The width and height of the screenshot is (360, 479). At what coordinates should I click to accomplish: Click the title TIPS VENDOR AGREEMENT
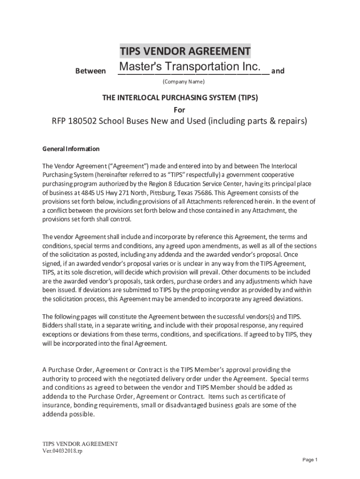click(185, 50)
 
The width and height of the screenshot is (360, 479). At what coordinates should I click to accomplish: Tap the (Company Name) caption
click(183, 82)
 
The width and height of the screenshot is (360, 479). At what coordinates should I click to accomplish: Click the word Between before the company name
click(90, 71)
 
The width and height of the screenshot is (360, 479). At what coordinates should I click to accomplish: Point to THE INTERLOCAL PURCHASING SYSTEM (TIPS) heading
click(180, 98)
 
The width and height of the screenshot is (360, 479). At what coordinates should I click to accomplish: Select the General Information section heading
click(71, 149)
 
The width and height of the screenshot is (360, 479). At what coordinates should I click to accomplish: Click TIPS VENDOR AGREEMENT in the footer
click(80, 443)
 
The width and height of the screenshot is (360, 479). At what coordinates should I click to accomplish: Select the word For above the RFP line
click(180, 110)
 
